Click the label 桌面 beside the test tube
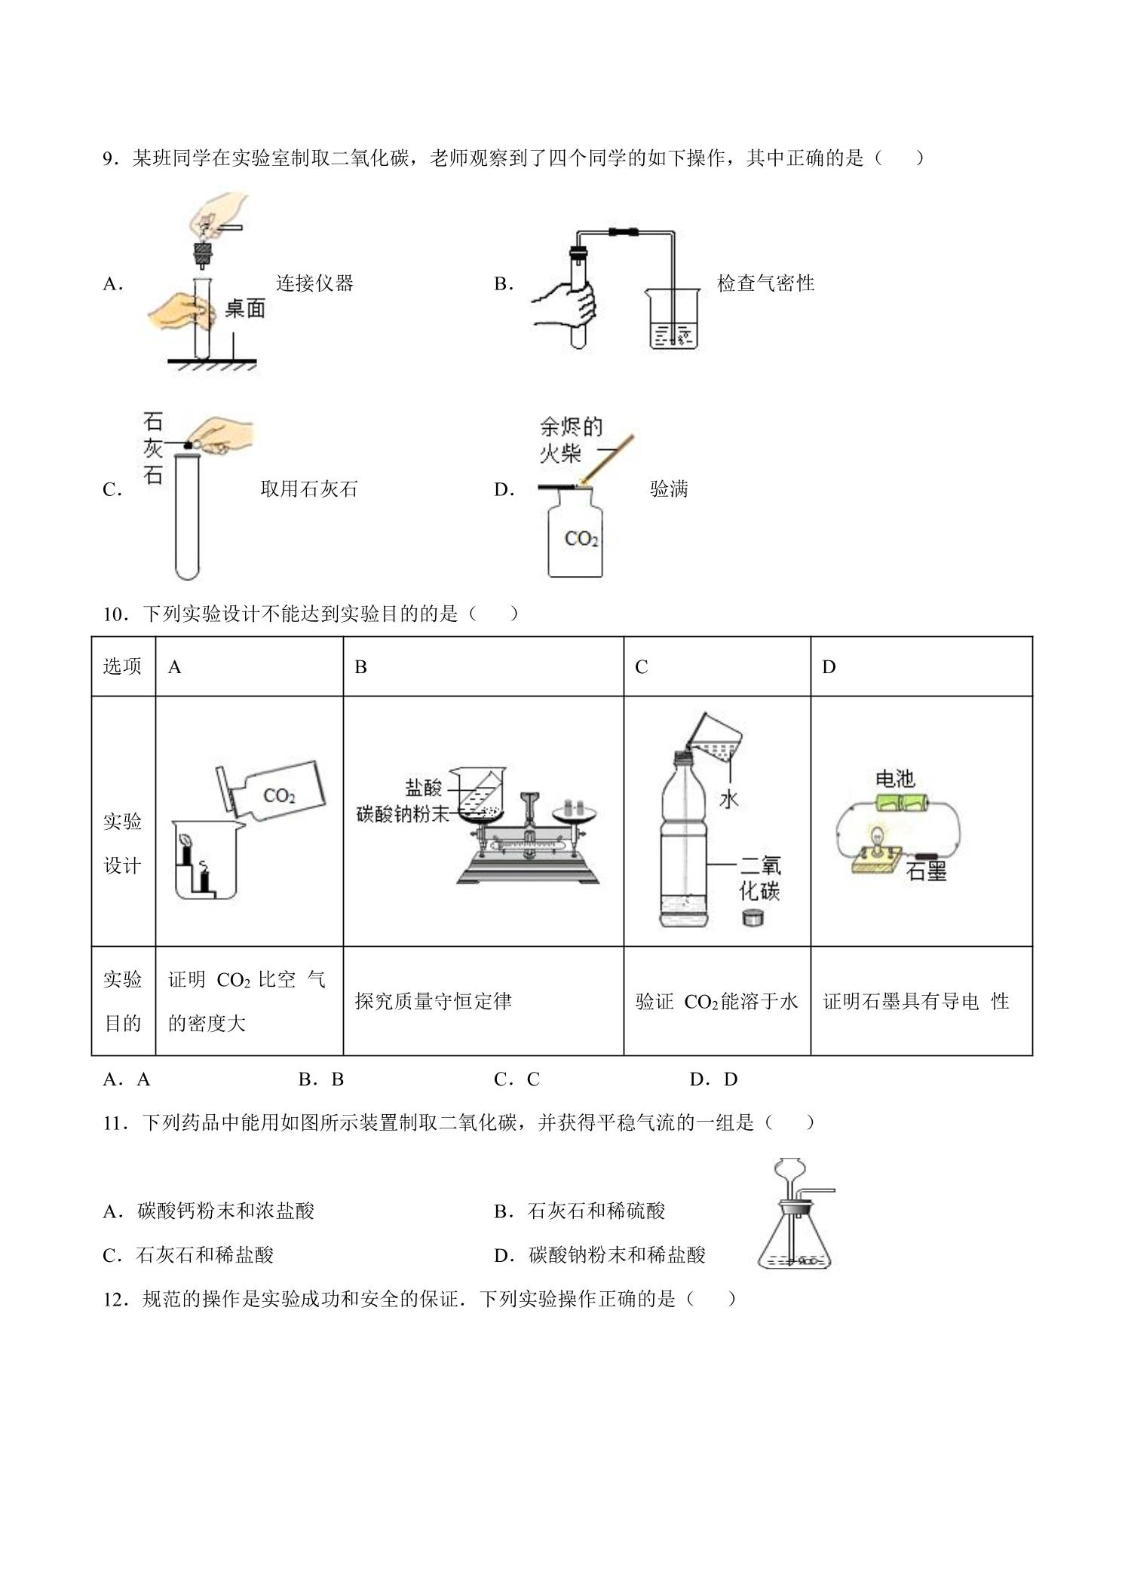245,308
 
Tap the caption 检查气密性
765,283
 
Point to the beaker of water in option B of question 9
674,319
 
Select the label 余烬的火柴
572,440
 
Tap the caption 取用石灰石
309,489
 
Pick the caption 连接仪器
314,283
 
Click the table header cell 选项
122,666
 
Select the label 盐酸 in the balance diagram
424,788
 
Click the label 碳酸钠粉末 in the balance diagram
403,814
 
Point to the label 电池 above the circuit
895,779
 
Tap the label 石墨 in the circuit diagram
926,872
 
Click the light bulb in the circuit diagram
877,837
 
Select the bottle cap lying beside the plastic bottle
753,917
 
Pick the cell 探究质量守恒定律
434,1001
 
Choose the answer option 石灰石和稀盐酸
204,1254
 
